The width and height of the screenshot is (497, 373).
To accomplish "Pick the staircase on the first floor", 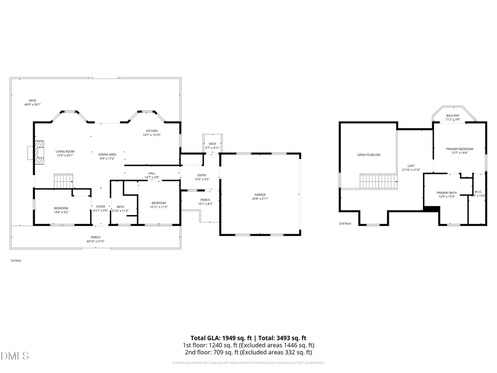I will tap(63, 181).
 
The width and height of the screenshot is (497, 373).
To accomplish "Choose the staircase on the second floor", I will tap(378, 181).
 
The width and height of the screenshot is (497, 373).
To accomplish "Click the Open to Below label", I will tap(369, 155).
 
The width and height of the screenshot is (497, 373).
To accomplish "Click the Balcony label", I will tap(452, 117).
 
